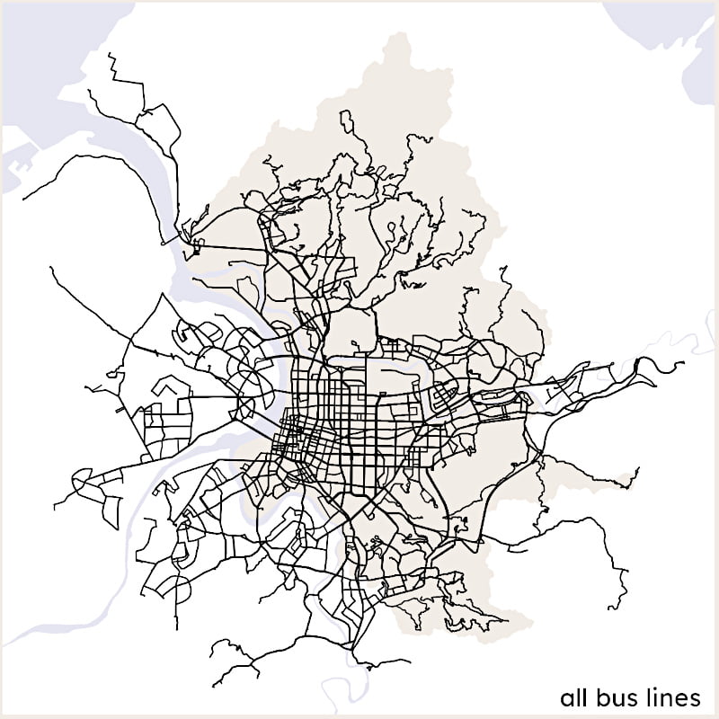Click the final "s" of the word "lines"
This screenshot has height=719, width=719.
tap(696, 699)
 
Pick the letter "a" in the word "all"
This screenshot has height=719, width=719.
tap(565, 699)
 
